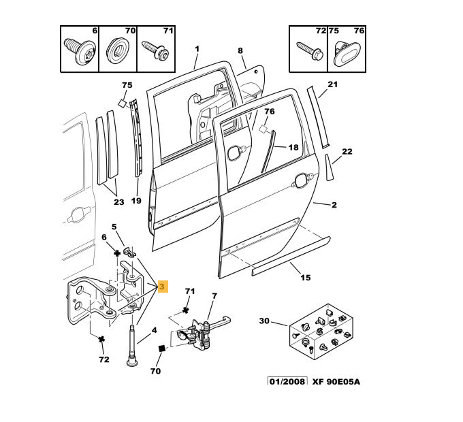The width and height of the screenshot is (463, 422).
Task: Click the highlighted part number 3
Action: tap(162, 287)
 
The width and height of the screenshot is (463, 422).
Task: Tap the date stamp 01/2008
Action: tap(287, 381)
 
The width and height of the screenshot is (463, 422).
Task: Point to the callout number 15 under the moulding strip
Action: tap(305, 278)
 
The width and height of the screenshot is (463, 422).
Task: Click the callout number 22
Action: tap(347, 151)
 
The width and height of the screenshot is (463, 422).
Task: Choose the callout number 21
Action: tap(332, 84)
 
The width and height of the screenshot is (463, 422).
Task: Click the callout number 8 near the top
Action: tap(240, 51)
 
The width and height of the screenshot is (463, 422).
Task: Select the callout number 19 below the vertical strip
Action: tap(135, 201)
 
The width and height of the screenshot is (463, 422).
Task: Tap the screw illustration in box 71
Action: tap(156, 51)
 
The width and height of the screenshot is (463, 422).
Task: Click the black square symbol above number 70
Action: tap(162, 349)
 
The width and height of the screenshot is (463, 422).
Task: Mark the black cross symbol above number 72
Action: tap(101, 338)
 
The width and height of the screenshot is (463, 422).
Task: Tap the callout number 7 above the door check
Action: tap(214, 296)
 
